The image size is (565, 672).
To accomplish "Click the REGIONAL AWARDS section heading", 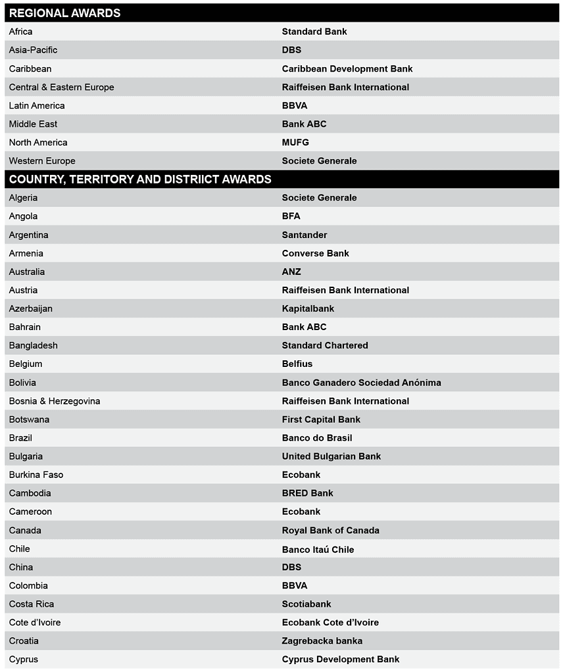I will point(64,13).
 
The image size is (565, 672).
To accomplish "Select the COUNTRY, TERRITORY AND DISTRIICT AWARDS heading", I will point(140,179).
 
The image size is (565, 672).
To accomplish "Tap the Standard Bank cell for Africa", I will point(314,32).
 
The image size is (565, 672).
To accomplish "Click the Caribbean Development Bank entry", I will point(347,68).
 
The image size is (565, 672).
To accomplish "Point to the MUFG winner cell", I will point(295,142).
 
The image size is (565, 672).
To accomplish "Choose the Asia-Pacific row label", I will point(33,50).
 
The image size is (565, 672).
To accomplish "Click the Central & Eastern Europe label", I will point(61,87).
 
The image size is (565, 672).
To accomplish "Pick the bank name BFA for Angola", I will point(291,216).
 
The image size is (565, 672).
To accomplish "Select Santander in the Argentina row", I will point(305,235).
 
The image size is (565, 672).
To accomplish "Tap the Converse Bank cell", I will point(316,253).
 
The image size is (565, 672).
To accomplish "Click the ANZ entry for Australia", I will point(291,272).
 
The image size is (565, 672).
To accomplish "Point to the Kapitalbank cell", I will point(308,308).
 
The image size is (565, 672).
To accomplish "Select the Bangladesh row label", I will point(33,345).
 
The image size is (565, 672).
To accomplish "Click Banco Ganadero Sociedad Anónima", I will point(361,383).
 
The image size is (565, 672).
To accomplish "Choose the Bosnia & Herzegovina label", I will point(55,401).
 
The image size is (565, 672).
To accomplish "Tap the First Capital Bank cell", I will point(321,420).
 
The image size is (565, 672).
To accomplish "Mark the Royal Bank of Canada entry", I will point(330,530).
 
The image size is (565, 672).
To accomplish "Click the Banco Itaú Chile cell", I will point(318,549).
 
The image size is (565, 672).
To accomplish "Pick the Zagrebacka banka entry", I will point(322,641).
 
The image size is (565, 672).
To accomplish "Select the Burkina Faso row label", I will point(36,475).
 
